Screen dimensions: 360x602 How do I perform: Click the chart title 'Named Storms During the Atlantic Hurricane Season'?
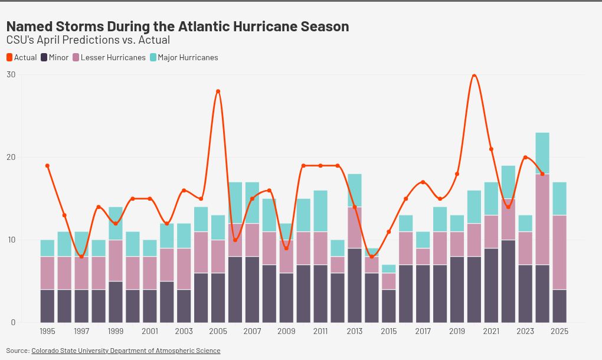[177, 27]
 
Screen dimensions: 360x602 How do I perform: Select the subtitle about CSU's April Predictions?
[88, 40]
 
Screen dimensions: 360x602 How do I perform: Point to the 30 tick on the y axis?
[11, 74]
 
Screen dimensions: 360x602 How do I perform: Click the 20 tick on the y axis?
[11, 157]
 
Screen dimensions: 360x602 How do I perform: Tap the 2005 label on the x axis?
[218, 332]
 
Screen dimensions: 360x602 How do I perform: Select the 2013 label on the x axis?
[355, 332]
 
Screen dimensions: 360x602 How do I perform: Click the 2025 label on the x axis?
[560, 332]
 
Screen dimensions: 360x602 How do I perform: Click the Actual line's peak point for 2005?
[218, 91]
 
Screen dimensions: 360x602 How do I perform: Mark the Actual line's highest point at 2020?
[474, 75]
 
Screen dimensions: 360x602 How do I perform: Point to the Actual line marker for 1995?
[47, 166]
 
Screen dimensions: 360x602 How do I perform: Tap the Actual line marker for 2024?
[542, 174]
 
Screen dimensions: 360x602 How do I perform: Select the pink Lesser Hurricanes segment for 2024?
[542, 220]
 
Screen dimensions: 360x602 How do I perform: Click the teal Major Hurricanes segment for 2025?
[560, 199]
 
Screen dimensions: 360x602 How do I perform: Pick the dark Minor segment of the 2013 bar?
[355, 286]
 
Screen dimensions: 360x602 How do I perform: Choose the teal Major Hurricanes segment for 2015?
[389, 269]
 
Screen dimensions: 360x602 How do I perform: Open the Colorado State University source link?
[126, 351]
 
